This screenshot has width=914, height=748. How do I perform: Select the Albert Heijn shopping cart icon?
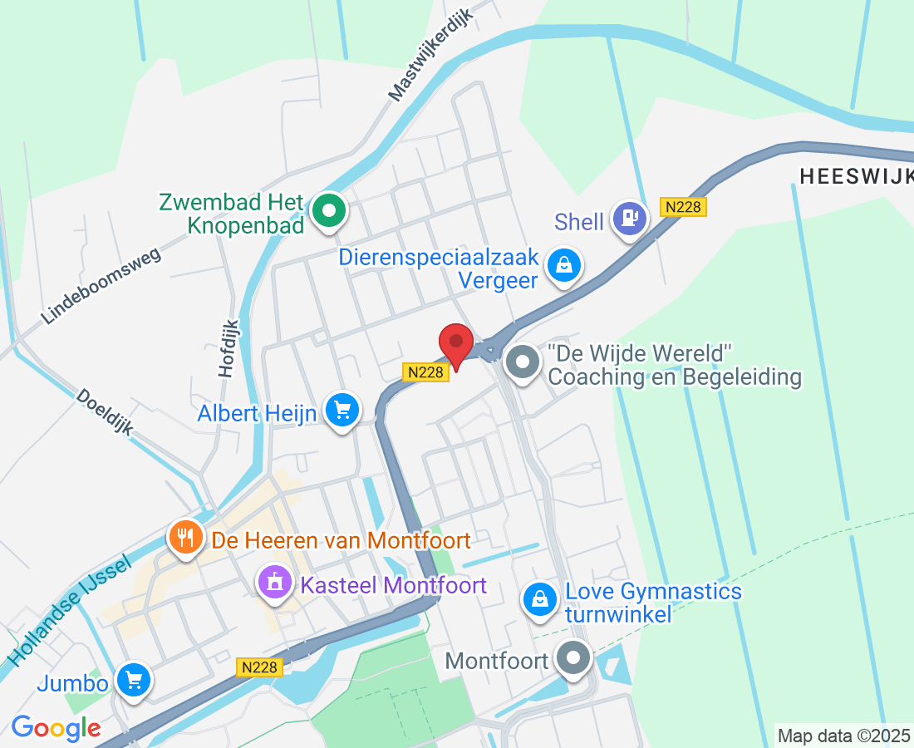342,410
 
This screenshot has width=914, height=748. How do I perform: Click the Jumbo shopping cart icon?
133,681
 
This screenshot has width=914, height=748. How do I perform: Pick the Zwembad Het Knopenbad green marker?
330,211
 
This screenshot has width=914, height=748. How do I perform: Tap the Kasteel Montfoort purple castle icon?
274,583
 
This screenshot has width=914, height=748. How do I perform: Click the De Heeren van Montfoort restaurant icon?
185,539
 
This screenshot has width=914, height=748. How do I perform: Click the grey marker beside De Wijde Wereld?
523,363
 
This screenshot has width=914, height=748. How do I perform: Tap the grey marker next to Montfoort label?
572,659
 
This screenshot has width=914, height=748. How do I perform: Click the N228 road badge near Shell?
683,208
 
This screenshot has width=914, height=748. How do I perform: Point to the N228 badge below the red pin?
426,372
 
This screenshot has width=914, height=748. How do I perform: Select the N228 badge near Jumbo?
260,667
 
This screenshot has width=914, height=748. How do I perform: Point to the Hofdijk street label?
228,349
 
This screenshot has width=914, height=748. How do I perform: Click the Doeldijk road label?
104,412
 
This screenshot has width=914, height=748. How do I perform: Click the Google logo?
56,728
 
